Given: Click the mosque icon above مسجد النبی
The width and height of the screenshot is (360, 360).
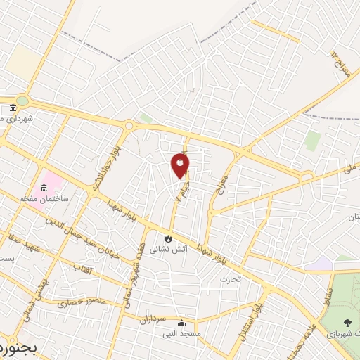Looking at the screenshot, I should pos(182,323).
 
